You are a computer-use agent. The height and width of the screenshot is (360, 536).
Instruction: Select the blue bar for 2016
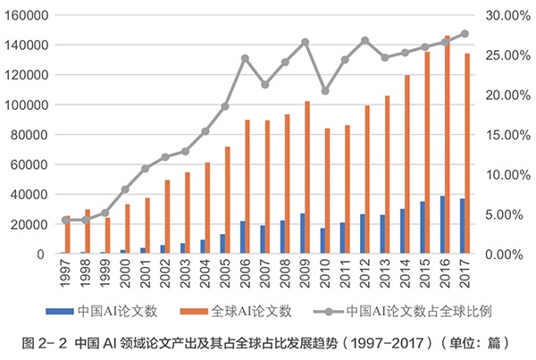click(441, 225)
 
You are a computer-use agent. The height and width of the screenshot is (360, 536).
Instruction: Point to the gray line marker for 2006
click(245, 58)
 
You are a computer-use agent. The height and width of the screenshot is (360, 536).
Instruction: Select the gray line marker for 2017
click(465, 34)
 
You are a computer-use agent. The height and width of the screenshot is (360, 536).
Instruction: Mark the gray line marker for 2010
click(325, 91)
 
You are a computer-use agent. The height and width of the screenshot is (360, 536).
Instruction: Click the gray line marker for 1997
click(64, 220)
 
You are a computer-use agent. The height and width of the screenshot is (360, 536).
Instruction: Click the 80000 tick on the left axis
click(29, 135)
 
